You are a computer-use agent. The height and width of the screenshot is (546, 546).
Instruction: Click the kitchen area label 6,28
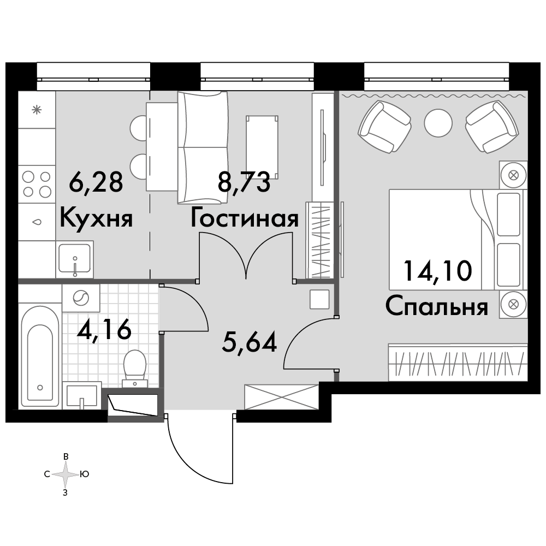tap(96, 182)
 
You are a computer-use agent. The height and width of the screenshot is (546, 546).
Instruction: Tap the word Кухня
tap(96, 218)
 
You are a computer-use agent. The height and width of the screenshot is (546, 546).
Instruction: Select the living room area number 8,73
tap(244, 182)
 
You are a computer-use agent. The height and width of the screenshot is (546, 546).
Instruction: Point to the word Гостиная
tap(245, 218)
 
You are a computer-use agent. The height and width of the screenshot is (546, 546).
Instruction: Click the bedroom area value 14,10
tap(438, 271)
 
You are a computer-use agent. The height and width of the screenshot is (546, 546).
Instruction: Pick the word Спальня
tap(437, 307)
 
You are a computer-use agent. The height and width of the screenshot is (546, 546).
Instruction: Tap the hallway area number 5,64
tap(250, 342)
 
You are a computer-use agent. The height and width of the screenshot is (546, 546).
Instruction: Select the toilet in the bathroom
tap(135, 368)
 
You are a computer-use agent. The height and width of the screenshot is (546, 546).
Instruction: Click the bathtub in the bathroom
tap(40, 355)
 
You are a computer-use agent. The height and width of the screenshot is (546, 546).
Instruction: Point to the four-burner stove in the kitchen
tap(37, 184)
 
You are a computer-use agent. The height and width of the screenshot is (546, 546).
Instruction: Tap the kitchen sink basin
tap(74, 259)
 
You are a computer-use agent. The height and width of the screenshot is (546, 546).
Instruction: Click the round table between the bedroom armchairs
tap(438, 123)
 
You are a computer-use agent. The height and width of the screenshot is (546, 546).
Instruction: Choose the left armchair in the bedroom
tap(385, 127)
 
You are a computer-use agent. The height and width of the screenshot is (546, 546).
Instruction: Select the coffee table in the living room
tap(262, 147)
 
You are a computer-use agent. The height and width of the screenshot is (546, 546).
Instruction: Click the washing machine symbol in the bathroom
tap(81, 298)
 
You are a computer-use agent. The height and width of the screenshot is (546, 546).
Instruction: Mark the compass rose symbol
tap(66, 474)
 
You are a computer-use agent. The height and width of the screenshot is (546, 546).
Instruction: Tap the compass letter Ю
tap(85, 474)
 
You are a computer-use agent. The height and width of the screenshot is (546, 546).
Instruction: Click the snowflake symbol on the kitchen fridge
tap(37, 110)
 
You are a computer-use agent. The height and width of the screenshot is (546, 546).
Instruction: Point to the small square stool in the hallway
tap(319, 299)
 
